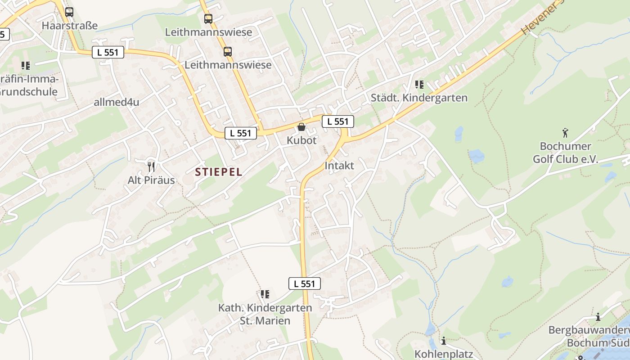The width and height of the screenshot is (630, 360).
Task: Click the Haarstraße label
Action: pyautogui.click(x=69, y=26)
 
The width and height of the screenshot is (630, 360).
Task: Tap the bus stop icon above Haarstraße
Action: pyautogui.click(x=69, y=12)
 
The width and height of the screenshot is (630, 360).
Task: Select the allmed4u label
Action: pyautogui.click(x=117, y=102)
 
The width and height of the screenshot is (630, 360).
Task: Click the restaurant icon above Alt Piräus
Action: pyautogui.click(x=151, y=167)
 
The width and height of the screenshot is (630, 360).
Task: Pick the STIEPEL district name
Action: pyautogui.click(x=219, y=171)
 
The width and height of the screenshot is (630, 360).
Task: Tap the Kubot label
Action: pyautogui.click(x=301, y=140)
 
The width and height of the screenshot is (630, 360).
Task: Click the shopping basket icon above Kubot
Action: pyautogui.click(x=301, y=127)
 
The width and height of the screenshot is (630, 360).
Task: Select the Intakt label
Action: pyautogui.click(x=339, y=166)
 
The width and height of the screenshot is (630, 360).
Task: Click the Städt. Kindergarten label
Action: pyautogui.click(x=419, y=98)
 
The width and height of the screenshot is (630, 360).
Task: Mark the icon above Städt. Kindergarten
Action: pyautogui.click(x=419, y=84)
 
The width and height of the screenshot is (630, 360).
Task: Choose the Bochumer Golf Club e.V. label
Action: pyautogui.click(x=565, y=153)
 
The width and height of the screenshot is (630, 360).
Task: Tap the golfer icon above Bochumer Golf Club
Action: pyautogui.click(x=566, y=133)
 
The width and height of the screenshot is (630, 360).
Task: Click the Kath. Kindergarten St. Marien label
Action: pyautogui.click(x=265, y=314)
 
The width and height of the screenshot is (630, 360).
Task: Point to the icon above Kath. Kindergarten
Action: pyautogui.click(x=265, y=294)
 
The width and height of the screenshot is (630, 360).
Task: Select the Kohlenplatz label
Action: pyautogui.click(x=444, y=354)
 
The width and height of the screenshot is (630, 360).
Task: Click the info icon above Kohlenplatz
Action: pyautogui.click(x=444, y=341)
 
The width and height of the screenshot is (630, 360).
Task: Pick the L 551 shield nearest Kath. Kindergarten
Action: pyautogui.click(x=305, y=283)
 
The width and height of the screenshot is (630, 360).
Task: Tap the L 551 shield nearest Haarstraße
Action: pyautogui.click(x=108, y=52)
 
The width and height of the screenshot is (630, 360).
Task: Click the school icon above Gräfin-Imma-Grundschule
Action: pyautogui.click(x=26, y=66)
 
